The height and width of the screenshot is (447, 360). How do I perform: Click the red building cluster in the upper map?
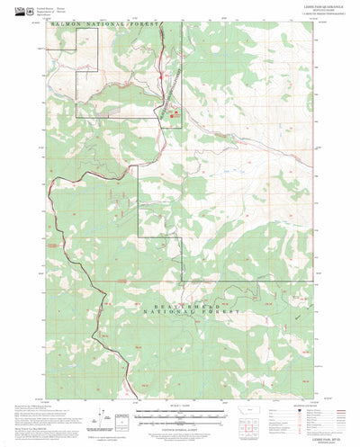click(175, 112)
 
